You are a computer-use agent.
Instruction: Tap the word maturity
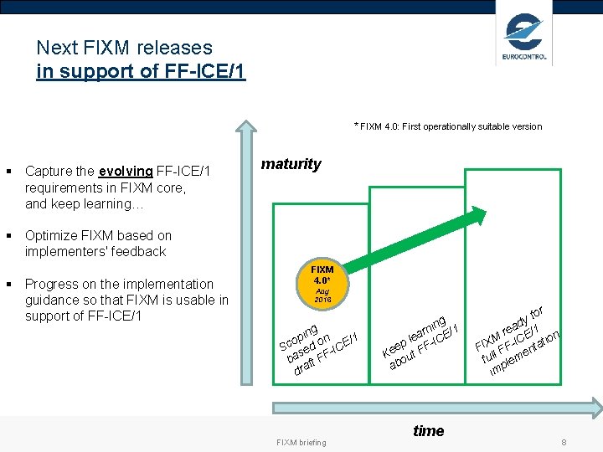click(291, 164)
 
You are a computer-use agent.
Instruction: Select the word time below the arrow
click(428, 431)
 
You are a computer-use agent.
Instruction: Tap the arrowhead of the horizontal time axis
click(595, 408)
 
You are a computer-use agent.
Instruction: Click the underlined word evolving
click(126, 172)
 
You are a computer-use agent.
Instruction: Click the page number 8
click(564, 441)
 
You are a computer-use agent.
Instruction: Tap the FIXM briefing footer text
click(301, 442)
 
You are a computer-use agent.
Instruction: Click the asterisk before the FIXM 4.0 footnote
click(356, 126)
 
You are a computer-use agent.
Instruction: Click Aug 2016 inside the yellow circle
click(322, 295)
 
